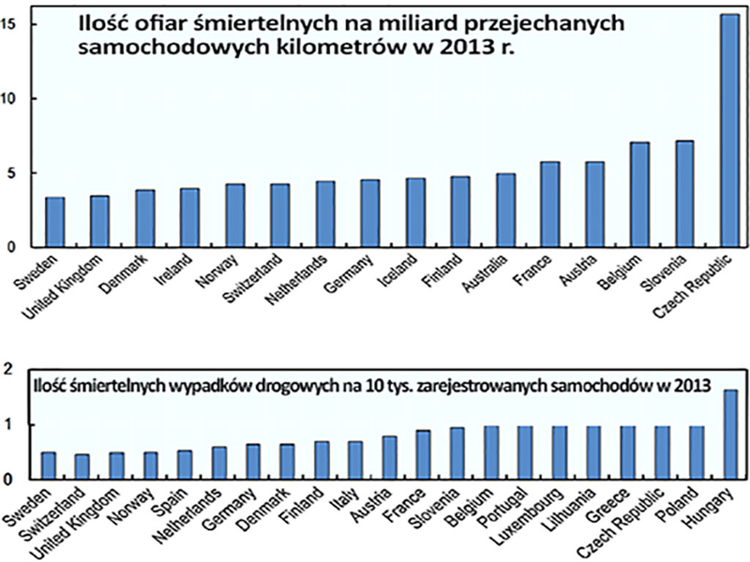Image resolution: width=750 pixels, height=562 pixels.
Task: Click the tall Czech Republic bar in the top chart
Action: click(x=729, y=131)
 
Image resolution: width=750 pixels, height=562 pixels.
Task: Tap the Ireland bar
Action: click(x=190, y=217)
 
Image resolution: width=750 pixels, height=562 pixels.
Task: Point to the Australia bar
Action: click(x=505, y=210)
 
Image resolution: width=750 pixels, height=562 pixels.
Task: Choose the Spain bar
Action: click(x=185, y=465)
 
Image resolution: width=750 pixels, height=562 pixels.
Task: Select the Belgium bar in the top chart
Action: click(x=640, y=195)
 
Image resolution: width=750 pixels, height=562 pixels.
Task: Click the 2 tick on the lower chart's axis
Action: click(x=9, y=371)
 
